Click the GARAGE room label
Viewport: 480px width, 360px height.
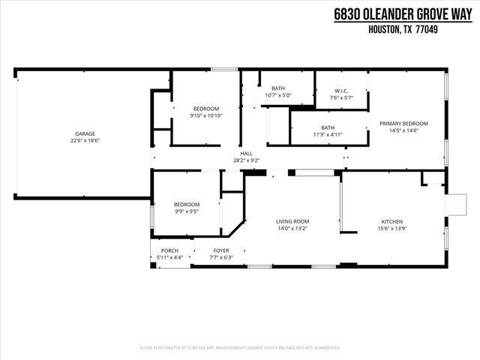click(85, 133)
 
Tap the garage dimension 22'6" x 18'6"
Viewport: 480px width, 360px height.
click(85, 140)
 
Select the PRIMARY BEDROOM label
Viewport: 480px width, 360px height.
click(403, 124)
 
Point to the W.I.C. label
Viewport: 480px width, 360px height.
click(341, 91)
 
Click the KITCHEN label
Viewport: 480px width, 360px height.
click(392, 222)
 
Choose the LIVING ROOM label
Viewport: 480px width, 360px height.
click(292, 222)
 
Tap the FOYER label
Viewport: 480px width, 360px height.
click(221, 250)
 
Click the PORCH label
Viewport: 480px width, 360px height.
click(169, 250)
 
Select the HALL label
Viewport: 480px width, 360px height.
click(246, 153)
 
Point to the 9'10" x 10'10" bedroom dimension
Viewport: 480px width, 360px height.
click(205, 115)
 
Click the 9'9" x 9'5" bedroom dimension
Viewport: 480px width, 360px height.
click(187, 211)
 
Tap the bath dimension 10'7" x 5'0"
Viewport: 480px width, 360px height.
click(278, 95)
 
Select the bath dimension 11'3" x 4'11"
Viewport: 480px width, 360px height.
click(328, 134)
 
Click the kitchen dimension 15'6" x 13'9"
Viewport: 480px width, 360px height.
click(392, 229)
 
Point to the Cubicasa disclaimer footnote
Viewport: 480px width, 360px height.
click(240, 348)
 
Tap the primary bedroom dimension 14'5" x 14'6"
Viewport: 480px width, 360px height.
click(403, 130)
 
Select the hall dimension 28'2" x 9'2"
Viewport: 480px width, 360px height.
click(246, 160)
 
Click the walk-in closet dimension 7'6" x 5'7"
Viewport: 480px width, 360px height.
click(341, 97)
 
